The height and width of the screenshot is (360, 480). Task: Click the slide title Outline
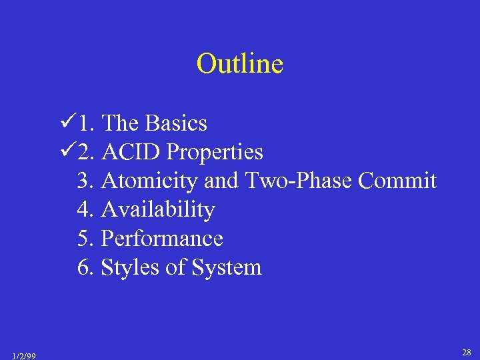tap(240, 64)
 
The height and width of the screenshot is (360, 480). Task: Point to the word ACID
tap(131, 153)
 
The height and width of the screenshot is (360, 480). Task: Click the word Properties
tap(215, 153)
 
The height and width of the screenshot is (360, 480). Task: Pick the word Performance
tap(162, 239)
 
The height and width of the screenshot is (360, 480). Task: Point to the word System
tap(226, 268)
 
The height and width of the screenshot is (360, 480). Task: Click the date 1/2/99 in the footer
tap(24, 355)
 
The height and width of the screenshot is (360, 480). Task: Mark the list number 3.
tap(85, 181)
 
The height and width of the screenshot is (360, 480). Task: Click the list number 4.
tap(85, 210)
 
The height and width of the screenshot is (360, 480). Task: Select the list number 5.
tap(85, 239)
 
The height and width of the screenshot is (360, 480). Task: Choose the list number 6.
tap(85, 268)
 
